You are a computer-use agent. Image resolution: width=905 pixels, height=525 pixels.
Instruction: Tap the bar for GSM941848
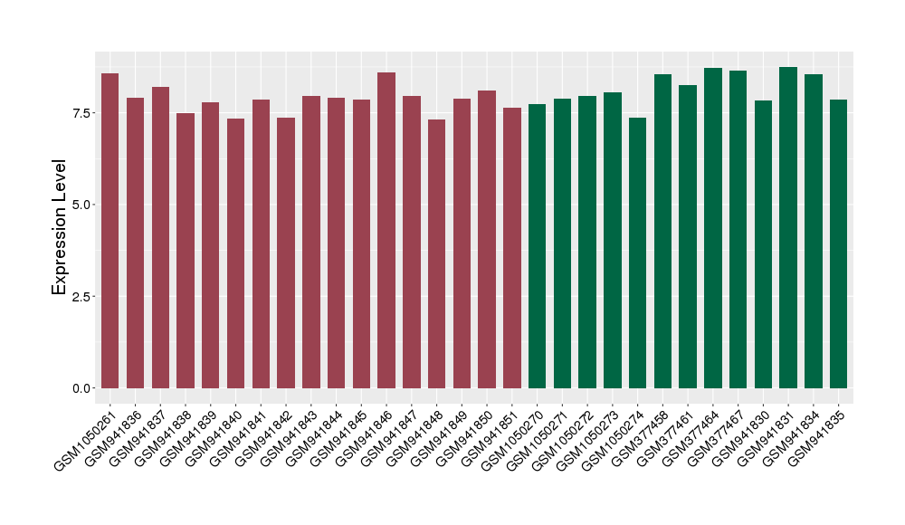(x=437, y=253)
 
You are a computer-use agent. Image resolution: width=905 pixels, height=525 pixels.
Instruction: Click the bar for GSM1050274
(x=638, y=253)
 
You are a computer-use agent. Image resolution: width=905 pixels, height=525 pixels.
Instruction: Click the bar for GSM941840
(x=235, y=253)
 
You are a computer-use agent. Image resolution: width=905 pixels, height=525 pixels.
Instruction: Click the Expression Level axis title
(x=60, y=226)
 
